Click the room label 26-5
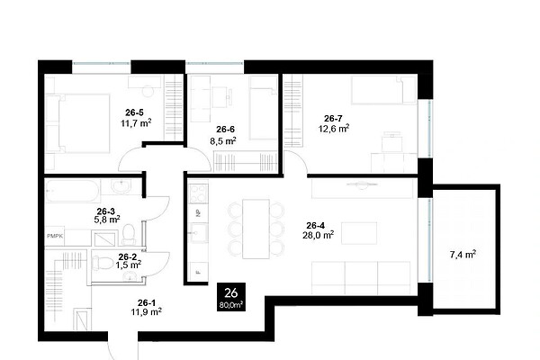tap(134, 112)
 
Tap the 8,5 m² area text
tap(223, 140)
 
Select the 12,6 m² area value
tap(334, 129)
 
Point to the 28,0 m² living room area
tap(319, 235)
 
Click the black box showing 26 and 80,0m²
tap(231, 297)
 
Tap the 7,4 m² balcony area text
tap(463, 255)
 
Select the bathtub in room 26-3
tap(73, 191)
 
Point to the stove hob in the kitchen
tap(199, 194)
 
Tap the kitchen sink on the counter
tap(198, 233)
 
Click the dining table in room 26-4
tap(256, 229)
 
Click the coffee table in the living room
tap(359, 233)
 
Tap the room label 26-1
tap(147, 302)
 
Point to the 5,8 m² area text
tap(107, 220)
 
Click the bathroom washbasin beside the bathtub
tap(121, 186)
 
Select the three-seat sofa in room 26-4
tap(361, 278)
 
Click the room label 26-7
tap(333, 119)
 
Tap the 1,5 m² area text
tap(128, 265)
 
